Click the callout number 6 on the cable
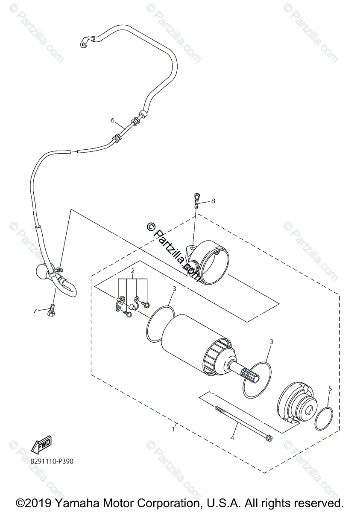click(x=113, y=120)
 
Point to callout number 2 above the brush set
click(x=133, y=271)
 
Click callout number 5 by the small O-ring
click(x=330, y=389)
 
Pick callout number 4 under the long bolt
click(x=232, y=437)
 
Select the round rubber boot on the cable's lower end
click(x=41, y=271)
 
